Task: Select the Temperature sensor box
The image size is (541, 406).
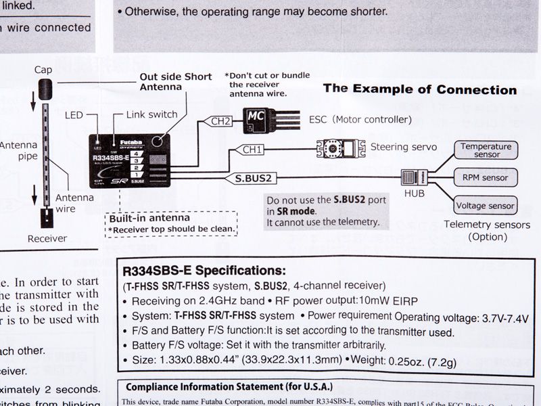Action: click(486, 150)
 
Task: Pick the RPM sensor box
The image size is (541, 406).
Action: click(486, 178)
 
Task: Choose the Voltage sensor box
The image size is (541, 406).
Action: click(486, 206)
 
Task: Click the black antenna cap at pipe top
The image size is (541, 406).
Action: click(45, 88)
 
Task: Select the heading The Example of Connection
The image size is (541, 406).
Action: click(419, 89)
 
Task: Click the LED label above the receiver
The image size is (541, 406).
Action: click(74, 115)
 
